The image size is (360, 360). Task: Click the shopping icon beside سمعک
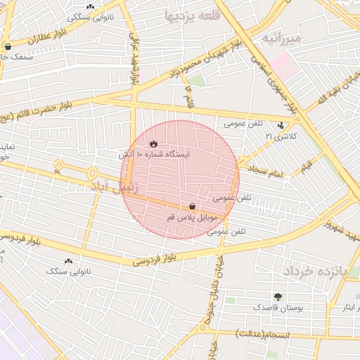point(8,47)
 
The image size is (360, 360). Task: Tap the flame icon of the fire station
point(143,143)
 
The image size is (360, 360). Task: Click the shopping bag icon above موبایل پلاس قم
point(192,206)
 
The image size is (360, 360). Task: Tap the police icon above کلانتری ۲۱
point(281,126)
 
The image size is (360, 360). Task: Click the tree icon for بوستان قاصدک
point(278,297)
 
